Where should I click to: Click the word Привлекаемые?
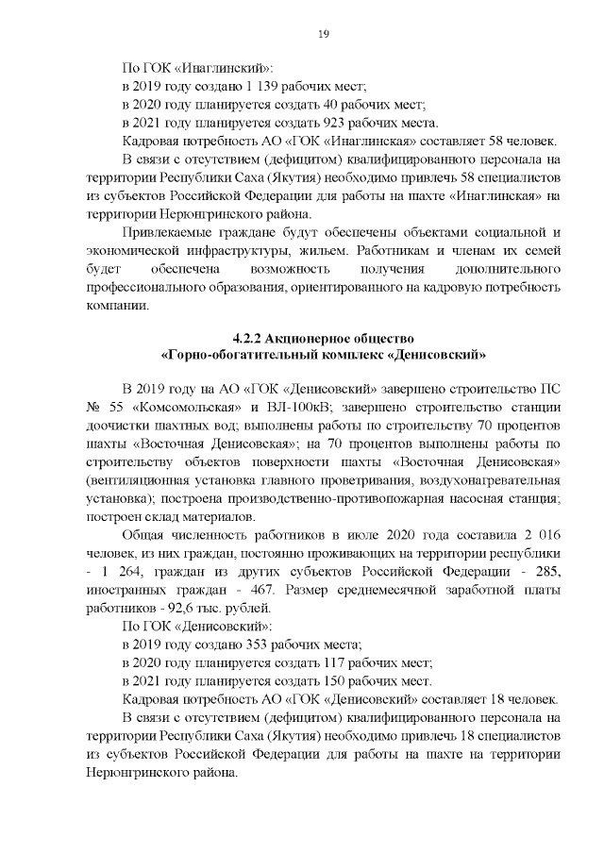coord(168,232)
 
